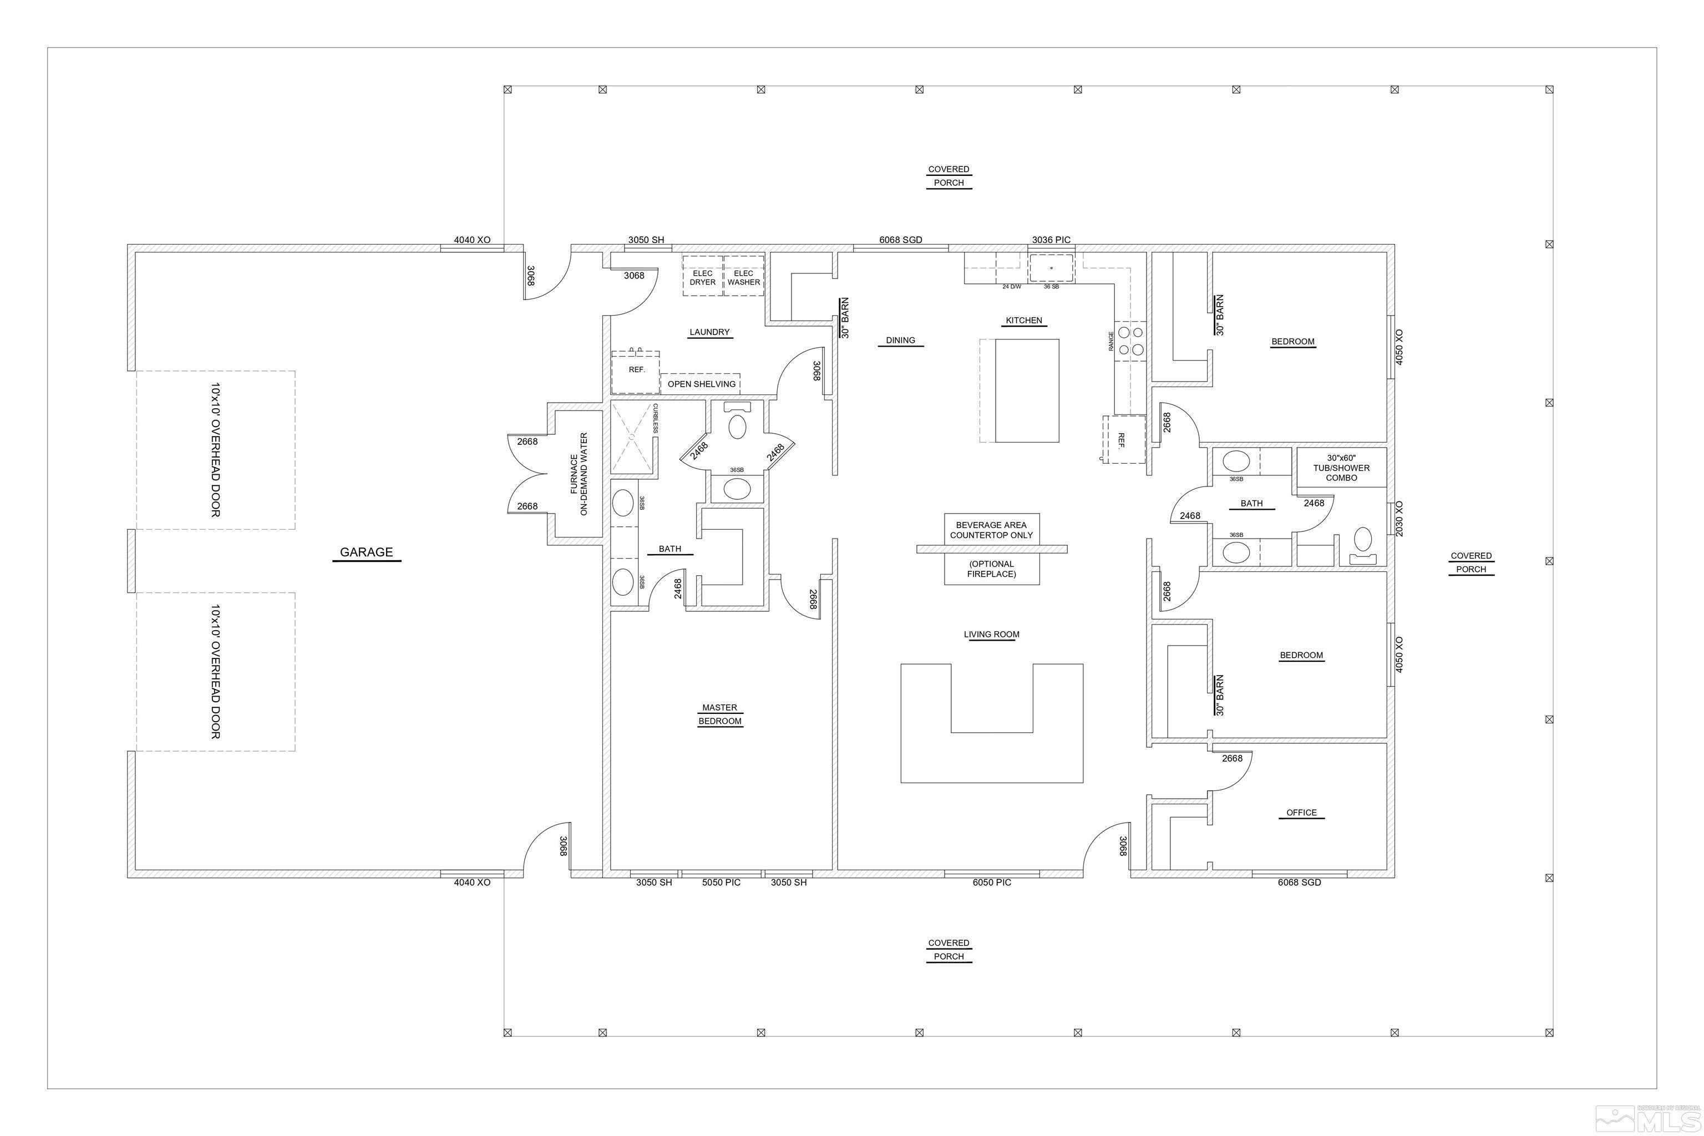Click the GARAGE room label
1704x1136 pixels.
366,552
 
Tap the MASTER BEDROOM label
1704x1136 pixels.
719,714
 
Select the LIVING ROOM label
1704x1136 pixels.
991,635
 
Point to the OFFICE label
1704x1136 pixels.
1301,812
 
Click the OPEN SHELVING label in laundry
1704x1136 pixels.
701,384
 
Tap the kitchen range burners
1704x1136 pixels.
1130,341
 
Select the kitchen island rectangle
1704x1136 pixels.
1027,390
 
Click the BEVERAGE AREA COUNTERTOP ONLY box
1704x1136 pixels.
991,530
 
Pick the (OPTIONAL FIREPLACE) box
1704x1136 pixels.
991,569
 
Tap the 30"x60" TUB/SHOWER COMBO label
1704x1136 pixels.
1341,467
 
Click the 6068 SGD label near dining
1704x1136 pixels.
901,240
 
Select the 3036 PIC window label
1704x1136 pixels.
1051,240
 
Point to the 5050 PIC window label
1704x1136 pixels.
722,883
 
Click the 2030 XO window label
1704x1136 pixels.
1399,519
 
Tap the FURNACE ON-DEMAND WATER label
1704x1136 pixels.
579,475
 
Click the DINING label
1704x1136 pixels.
901,340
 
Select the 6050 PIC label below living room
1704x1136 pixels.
992,883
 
